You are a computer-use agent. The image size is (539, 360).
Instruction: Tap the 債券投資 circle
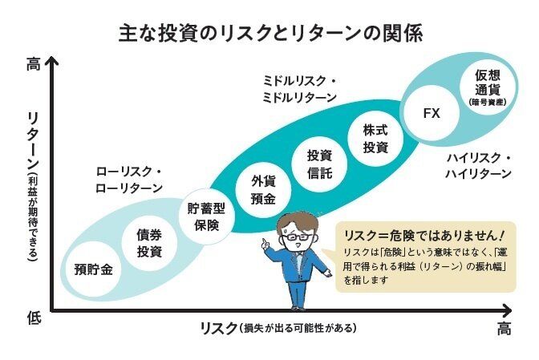coord(149,242)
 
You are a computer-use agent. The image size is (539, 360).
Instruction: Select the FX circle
coord(432,113)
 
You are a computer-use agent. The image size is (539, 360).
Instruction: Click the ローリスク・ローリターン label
coord(129,180)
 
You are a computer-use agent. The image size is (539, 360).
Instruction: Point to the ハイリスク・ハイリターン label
coord(478,167)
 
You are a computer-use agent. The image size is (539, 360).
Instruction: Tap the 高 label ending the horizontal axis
coord(503,330)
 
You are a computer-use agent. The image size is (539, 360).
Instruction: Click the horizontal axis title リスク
coord(278,328)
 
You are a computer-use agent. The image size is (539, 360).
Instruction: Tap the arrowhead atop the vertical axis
coord(53,61)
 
